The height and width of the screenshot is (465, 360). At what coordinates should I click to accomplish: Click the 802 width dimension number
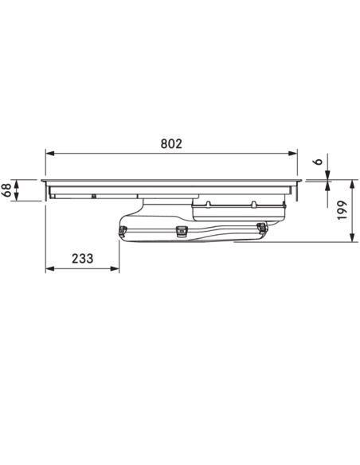[171, 144]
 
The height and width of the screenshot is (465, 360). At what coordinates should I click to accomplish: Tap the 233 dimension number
[83, 259]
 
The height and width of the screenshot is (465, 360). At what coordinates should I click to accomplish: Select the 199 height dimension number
[342, 210]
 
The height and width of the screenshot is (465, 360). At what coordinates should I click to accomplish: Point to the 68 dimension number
[7, 190]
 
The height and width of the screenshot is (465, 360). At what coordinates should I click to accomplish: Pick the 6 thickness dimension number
[318, 162]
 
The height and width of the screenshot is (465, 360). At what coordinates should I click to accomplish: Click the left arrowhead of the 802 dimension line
[50, 154]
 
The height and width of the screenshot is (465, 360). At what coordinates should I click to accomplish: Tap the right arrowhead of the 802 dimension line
[292, 154]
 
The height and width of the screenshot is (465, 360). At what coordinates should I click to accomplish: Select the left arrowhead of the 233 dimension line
[50, 268]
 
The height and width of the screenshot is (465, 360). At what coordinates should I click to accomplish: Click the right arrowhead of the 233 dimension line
[115, 268]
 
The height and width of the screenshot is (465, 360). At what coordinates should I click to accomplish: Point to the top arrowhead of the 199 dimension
[352, 184]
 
